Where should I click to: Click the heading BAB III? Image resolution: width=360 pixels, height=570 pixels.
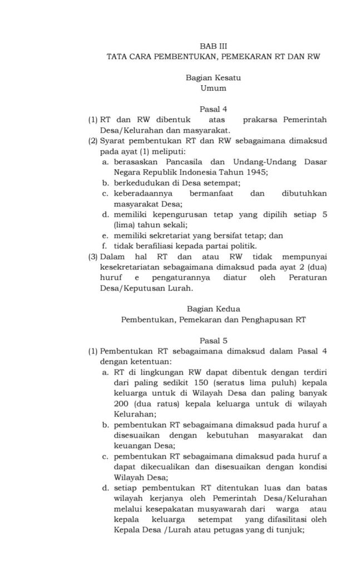click(x=213, y=47)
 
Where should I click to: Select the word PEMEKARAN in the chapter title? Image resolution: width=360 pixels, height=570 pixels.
click(x=241, y=57)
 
